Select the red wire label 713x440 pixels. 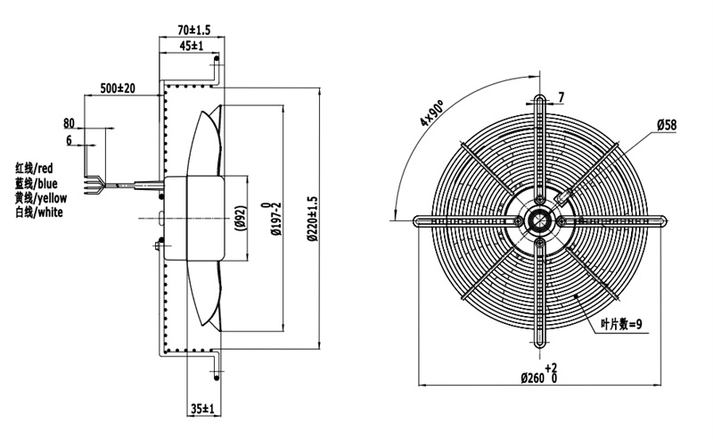[35, 168]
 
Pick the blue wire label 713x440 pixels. [37, 183]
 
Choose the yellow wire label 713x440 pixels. [40, 197]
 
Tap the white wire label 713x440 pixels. [37, 212]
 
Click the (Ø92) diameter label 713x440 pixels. [240, 217]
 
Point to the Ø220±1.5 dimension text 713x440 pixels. [311, 219]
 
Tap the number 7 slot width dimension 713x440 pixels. [561, 97]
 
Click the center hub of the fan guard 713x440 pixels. [540, 219]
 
